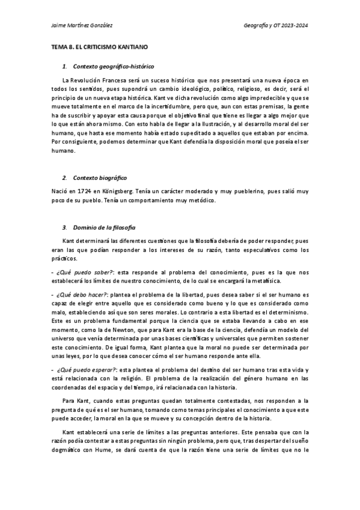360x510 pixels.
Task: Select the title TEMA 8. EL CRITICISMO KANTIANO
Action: (x=99, y=46)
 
